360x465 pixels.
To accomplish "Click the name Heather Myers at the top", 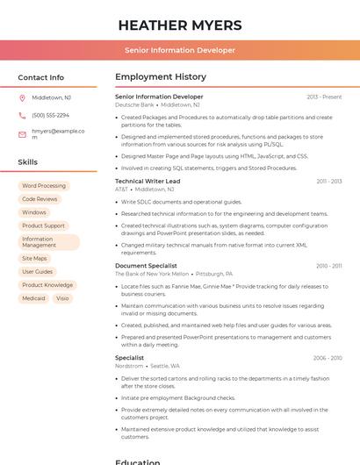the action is (179, 24).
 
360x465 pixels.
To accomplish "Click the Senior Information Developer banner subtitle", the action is (179, 50).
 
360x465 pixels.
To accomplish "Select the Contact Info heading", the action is (40, 77).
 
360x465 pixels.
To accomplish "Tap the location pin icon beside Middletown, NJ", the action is (22, 97).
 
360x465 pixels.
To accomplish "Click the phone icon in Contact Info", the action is (22, 115).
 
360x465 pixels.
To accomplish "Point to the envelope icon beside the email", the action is (22, 134).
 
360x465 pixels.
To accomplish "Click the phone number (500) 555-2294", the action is (50, 115).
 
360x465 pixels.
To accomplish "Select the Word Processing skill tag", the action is (44, 186).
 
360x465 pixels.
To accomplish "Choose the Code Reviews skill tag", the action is (40, 199).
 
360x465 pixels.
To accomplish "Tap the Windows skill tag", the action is (34, 212).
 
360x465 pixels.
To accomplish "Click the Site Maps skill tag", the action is (34, 258).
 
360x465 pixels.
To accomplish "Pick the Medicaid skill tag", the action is (33, 298).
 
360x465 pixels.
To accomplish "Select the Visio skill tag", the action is (62, 298).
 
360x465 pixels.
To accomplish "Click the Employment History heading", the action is (161, 77).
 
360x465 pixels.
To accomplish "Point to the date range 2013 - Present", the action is (324, 97).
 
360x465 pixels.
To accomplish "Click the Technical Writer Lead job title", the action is (148, 182).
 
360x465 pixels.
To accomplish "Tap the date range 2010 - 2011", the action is (329, 266).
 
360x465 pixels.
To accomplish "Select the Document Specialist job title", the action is (146, 266).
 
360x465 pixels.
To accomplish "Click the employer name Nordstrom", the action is (129, 366).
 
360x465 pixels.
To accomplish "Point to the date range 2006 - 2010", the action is (328, 358).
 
